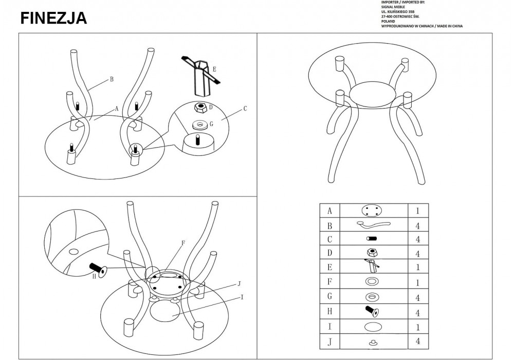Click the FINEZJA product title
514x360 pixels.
(x=53, y=19)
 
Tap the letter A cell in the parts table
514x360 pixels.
(x=329, y=211)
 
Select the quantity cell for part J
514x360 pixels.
(x=418, y=340)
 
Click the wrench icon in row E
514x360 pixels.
(x=372, y=266)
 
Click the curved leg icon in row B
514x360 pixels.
(x=372, y=224)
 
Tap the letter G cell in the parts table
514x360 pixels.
(x=329, y=296)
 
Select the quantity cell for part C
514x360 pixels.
(x=418, y=239)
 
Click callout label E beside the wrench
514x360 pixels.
(x=214, y=68)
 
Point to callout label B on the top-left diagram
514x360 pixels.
(x=111, y=79)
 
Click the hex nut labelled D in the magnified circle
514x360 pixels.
(x=200, y=109)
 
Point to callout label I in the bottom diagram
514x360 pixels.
(x=242, y=296)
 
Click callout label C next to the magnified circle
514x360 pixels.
(x=245, y=108)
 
